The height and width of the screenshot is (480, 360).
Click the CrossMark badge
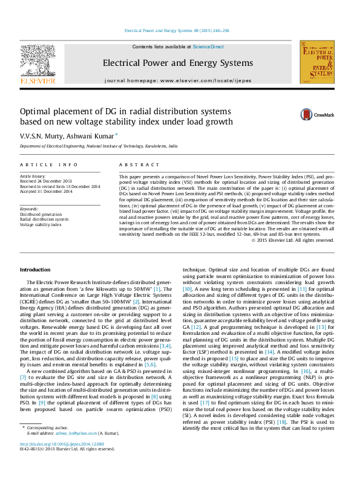(x=318, y=114)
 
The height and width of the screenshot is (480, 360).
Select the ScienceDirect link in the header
(x=208, y=47)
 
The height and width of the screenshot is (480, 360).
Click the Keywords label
(x=30, y=209)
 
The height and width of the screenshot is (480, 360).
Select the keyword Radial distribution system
(x=44, y=219)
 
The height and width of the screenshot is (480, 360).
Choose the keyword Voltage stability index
(x=41, y=224)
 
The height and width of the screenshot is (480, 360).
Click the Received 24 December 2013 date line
(x=46, y=181)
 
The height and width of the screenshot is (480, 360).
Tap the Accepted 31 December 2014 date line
(x=46, y=192)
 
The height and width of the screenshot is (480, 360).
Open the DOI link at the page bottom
(x=62, y=461)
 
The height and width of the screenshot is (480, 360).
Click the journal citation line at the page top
(x=176, y=30)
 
